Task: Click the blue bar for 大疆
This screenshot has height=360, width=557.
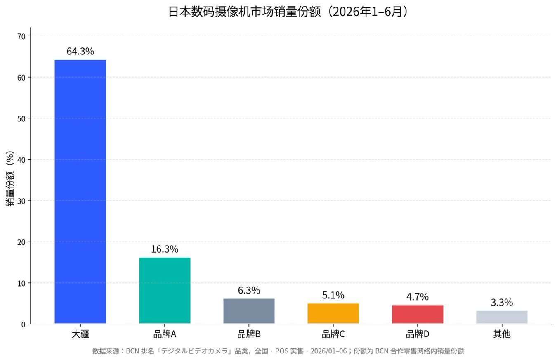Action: click(80, 192)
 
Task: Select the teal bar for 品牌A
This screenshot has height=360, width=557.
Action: click(165, 291)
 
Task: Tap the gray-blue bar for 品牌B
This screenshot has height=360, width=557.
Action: click(249, 311)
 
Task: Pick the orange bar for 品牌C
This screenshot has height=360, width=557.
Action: click(333, 313)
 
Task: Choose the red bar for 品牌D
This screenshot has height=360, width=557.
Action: click(418, 314)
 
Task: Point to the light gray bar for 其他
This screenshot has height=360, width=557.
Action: click(502, 317)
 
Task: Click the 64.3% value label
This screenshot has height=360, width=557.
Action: click(80, 51)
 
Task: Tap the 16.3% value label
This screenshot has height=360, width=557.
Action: click(165, 249)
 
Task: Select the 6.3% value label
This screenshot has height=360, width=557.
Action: click(249, 290)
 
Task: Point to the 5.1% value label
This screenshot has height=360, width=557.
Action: click(333, 295)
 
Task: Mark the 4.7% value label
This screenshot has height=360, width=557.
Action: click(418, 297)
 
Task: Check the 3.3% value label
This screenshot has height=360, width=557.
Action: click(502, 303)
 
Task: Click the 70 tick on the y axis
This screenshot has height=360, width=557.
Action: click(21, 37)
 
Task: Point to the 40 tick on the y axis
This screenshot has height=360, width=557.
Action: click(21, 160)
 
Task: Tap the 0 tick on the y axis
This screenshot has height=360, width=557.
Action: click(24, 324)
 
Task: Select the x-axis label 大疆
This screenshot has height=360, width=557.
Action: click(80, 334)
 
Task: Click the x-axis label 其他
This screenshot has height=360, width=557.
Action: click(502, 334)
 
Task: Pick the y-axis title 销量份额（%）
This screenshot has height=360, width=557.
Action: click(10, 179)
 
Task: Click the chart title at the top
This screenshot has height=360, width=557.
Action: click(288, 12)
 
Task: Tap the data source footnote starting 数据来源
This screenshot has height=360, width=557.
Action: click(278, 351)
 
